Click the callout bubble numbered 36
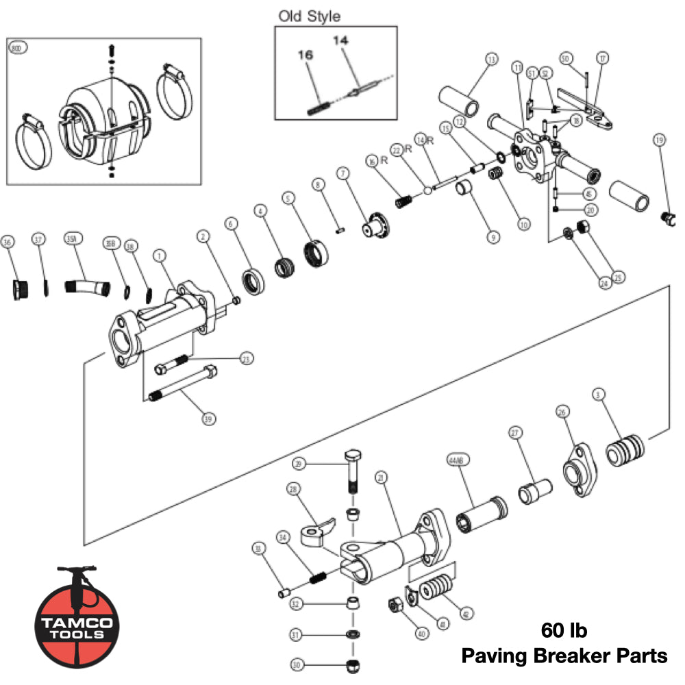coord(8,242)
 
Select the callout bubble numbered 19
coord(660,140)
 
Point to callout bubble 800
coord(17,49)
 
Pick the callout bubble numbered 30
coord(296,664)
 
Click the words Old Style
coord(309,16)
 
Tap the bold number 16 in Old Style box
coord(305,55)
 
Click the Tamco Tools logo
coord(77,614)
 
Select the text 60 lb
coord(564,630)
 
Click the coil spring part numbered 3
coord(625,452)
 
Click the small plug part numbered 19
coord(667,219)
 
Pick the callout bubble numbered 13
coord(490,60)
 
